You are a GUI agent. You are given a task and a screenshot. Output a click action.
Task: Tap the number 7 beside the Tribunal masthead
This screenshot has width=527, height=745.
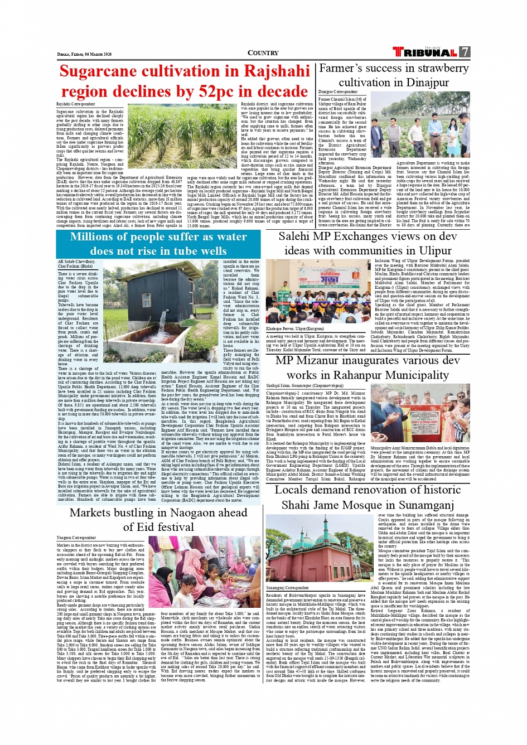coord(465,52)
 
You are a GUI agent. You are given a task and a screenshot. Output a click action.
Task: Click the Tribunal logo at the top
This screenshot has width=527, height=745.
coord(425,52)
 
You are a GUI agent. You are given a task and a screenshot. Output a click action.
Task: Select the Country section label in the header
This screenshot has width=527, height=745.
coord(263,53)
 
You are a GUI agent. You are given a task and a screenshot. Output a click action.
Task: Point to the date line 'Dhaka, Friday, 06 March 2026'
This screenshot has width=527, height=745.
coord(84,54)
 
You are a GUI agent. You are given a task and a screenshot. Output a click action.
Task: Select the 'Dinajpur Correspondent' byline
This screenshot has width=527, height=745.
coord(338,92)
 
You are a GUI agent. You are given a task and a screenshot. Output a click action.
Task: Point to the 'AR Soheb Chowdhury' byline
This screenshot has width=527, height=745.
coord(76,261)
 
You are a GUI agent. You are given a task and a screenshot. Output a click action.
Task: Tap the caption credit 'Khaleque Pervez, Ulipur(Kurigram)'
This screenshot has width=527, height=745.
coord(295,330)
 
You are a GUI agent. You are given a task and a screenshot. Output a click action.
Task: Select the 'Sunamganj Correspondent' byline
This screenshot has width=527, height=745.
coord(288,588)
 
